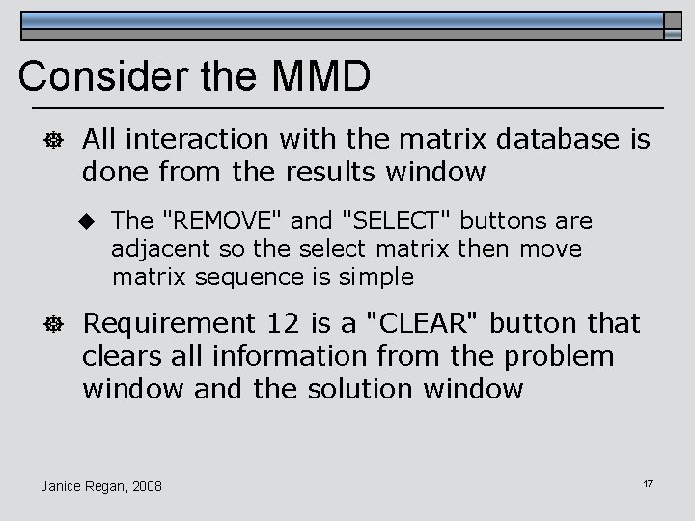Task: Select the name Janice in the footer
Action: pyautogui.click(x=64, y=485)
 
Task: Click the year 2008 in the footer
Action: pyautogui.click(x=146, y=485)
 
